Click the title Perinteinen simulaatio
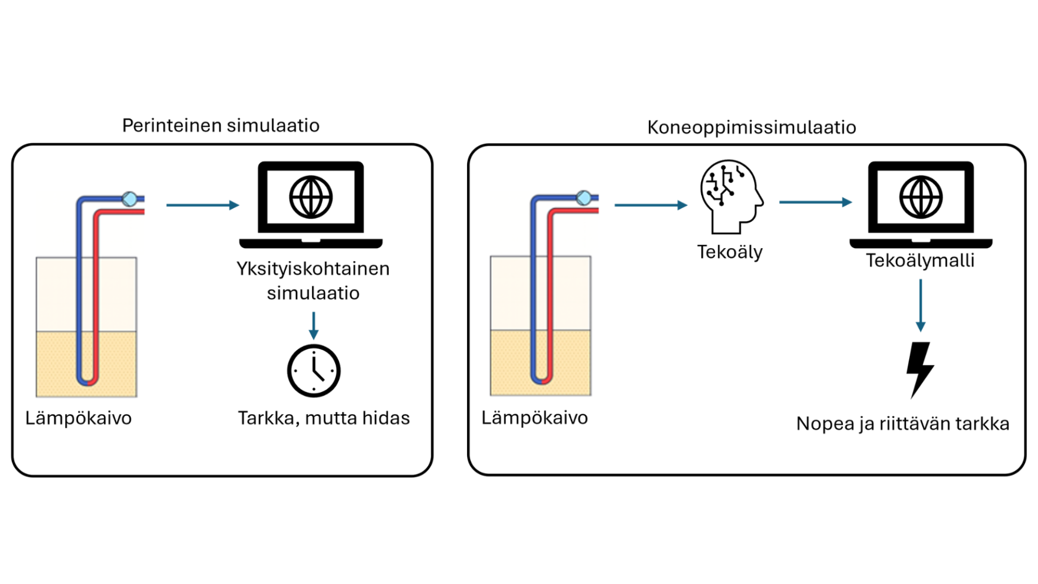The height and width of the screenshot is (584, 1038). coord(221,126)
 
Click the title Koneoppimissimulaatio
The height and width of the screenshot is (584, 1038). coord(752,127)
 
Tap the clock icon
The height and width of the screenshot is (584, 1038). coord(313,371)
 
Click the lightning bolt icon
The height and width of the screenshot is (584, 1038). coord(920,369)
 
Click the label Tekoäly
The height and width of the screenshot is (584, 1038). coord(730,252)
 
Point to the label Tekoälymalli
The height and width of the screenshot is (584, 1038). coord(920,261)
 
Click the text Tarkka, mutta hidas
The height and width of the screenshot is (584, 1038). coord(324,418)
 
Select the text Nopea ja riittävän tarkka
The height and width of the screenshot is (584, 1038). coord(903,424)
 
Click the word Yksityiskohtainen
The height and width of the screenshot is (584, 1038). coord(313,269)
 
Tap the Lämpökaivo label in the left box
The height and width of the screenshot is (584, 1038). coord(78,418)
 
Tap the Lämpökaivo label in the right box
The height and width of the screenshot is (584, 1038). coord(535,418)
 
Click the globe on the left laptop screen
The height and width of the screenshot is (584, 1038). coord(311,197)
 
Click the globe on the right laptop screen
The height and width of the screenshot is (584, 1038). coord(921,197)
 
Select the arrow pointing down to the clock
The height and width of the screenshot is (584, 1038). coord(313,326)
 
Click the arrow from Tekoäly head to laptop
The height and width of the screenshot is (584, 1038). coord(815,202)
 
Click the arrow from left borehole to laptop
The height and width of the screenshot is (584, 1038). coord(202,206)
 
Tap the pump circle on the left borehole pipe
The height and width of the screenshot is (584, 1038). coord(130,199)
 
